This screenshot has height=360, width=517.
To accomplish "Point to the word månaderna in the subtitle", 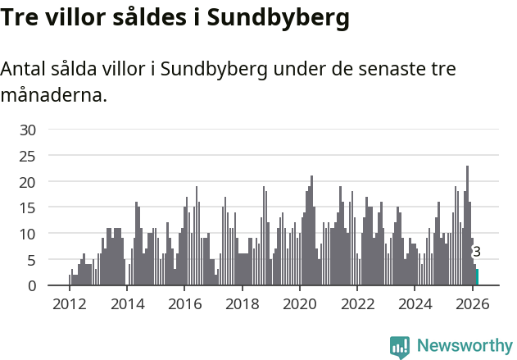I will click(x=53, y=95).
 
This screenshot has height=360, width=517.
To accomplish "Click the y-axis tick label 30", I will click(x=28, y=130).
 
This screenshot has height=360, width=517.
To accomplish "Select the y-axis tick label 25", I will click(x=28, y=156).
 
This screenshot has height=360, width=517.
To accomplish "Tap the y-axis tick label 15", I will click(x=28, y=207).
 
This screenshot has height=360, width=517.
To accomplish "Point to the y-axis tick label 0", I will click(x=32, y=285).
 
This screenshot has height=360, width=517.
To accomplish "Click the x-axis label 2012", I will click(x=69, y=304).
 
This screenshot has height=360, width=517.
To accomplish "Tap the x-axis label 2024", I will click(x=415, y=304).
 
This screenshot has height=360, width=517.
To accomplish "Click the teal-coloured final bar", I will click(x=478, y=277).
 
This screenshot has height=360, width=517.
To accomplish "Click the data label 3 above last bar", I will click(x=477, y=252).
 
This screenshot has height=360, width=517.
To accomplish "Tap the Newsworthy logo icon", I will click(x=399, y=347).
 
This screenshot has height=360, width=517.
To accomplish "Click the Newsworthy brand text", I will click(x=464, y=346).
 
